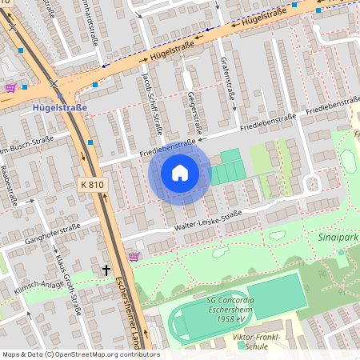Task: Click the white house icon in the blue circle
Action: [180, 172]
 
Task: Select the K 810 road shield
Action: [92, 185]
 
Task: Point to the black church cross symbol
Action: [106, 270]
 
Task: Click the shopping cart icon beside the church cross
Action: [134, 257]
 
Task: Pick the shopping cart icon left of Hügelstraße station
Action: [10, 88]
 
